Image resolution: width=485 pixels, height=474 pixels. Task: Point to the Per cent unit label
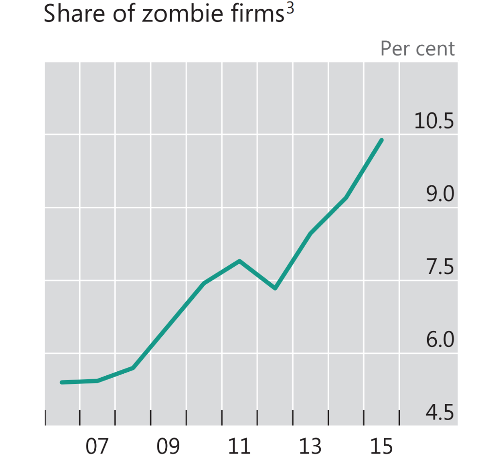click(x=417, y=49)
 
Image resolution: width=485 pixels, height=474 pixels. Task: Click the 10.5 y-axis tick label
click(x=434, y=121)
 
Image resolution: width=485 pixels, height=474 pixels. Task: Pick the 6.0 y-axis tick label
click(x=440, y=340)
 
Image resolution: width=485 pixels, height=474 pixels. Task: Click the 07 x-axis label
click(x=97, y=446)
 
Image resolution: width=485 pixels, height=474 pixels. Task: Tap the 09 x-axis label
click(x=168, y=446)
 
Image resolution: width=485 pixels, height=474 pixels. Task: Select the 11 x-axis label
click(x=239, y=446)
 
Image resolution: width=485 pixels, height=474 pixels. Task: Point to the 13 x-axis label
click(x=310, y=446)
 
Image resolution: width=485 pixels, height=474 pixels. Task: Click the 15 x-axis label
click(x=381, y=446)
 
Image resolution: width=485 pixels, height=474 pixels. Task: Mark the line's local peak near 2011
click(x=239, y=261)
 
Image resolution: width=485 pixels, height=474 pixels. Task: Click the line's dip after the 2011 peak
click(x=275, y=288)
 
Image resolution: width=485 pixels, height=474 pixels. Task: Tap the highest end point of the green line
click(x=382, y=140)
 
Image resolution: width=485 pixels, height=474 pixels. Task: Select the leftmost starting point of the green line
click(x=62, y=383)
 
